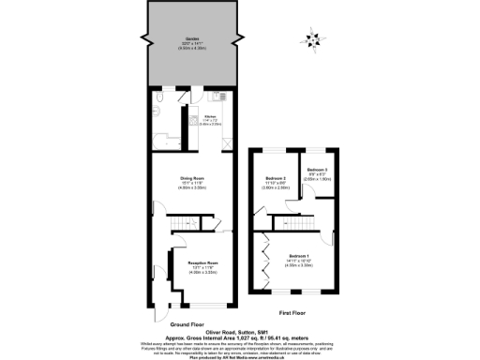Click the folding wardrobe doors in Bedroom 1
pos(268,261)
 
